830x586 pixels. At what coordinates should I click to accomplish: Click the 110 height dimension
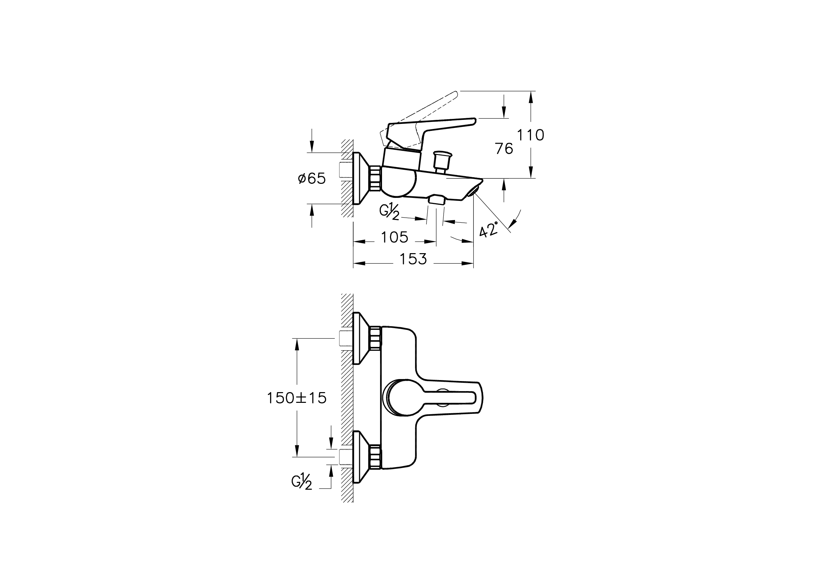(x=530, y=135)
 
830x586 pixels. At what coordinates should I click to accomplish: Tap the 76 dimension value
(x=504, y=149)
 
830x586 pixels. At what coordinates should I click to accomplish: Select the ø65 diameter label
(x=312, y=178)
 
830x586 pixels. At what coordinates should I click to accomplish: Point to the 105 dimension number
(x=394, y=237)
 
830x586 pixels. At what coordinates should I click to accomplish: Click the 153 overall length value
(x=413, y=259)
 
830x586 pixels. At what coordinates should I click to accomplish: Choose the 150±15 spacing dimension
(x=297, y=398)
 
